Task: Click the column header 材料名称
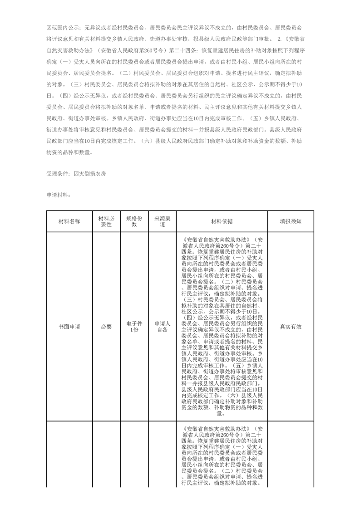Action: click(69, 221)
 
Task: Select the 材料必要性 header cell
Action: click(106, 221)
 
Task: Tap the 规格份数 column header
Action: click(134, 221)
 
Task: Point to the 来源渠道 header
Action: click(162, 221)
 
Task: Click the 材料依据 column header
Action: click(222, 221)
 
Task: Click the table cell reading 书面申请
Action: click(69, 326)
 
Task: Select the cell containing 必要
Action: click(106, 326)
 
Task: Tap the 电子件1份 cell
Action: click(134, 326)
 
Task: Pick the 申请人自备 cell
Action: click(162, 327)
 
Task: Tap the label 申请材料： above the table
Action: click(57, 194)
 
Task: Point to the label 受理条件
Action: click(56, 174)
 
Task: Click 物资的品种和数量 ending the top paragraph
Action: click(69, 152)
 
